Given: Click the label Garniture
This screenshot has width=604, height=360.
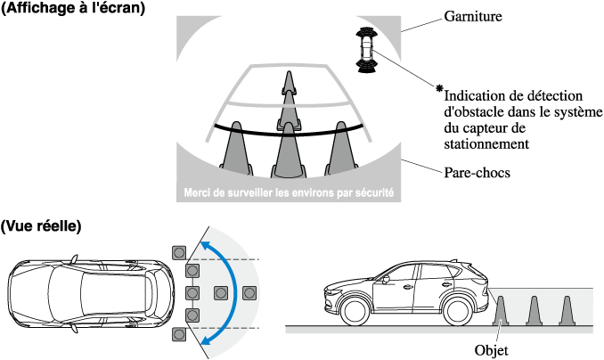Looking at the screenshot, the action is tap(473, 16).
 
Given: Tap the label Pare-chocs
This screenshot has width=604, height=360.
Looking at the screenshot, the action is tap(477, 172).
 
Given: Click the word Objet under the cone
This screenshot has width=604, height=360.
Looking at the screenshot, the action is tap(491, 350).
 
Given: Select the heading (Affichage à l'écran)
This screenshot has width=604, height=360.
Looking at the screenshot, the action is tap(73, 9).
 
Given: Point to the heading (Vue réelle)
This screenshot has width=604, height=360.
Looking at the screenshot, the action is tap(41, 225).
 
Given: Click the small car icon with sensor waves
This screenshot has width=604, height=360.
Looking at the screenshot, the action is tap(367, 50).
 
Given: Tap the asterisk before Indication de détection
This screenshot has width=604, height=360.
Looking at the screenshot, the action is tap(439, 88).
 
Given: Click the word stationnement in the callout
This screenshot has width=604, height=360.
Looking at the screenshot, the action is tap(486, 144).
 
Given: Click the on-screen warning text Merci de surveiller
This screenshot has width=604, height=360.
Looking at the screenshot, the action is tap(289, 192).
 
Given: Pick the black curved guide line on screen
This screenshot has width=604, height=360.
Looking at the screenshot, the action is tap(289, 132).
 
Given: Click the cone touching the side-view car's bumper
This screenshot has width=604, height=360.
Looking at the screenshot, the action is tap(501, 311).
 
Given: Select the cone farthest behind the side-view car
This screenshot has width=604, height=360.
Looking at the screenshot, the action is tap(567, 311).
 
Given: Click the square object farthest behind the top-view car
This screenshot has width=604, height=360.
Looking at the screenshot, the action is tap(249, 293).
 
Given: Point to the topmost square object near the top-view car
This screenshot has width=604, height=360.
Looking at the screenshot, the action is tap(179, 253).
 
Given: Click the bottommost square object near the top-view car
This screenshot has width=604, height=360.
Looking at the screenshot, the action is tap(179, 334).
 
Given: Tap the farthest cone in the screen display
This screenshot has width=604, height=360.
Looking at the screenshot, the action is tap(289, 83).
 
